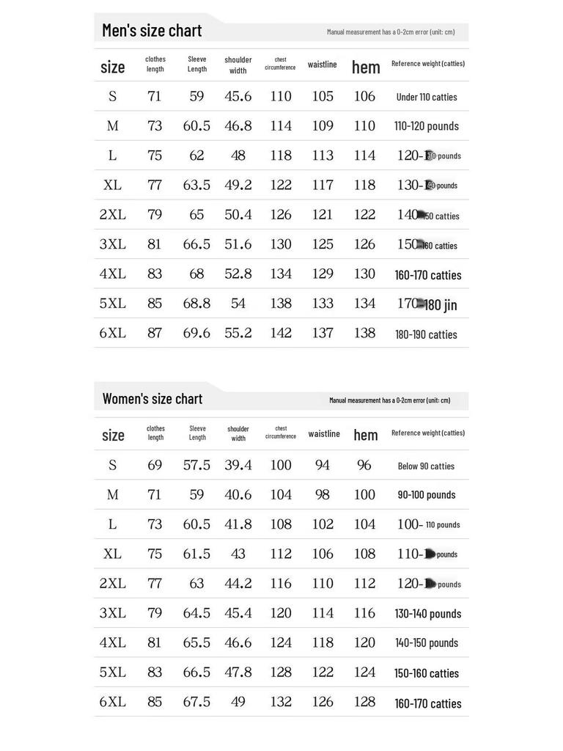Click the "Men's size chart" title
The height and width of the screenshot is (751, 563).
coord(152,31)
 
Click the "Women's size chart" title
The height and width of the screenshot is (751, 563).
coord(152,399)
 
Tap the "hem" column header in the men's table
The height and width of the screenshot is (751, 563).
coord(366,67)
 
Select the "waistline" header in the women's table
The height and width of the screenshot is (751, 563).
coord(324,434)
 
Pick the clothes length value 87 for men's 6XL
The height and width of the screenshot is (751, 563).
coord(155,333)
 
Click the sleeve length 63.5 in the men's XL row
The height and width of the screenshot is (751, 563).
coord(196,185)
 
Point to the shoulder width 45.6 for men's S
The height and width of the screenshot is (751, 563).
coord(238,96)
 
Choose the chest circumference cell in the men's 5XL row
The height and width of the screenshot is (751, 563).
coord(281,304)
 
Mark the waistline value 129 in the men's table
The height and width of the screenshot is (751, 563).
coord(323,274)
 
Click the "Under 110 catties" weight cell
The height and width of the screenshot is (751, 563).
coord(427,97)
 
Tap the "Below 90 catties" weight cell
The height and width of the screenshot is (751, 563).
coord(426,466)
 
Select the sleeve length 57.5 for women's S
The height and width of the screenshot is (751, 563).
coord(196,465)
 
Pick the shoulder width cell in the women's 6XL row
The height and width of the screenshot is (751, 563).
coord(238,702)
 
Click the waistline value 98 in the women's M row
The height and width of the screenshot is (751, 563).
coord(323,494)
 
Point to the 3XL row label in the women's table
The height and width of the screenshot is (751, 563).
coord(113,613)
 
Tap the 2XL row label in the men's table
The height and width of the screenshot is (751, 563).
coord(113,215)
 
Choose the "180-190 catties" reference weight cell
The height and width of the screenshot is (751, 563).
coord(427,334)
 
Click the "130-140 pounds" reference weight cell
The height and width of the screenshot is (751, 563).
coord(428,614)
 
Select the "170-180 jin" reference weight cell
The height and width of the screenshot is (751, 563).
coord(427,304)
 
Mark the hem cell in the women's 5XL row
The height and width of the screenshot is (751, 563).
coord(364,673)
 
